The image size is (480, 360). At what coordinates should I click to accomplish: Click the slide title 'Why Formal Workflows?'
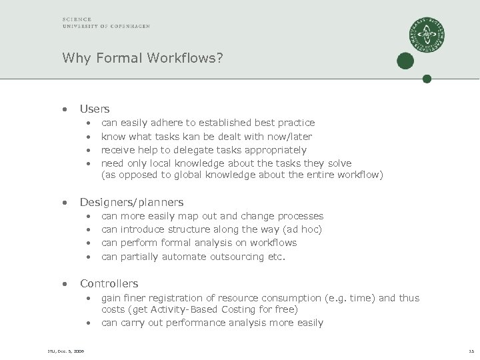tap(142, 58)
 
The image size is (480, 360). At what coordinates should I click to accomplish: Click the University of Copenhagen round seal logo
tap(427, 35)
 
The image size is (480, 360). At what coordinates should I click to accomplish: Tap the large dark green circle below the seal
tap(405, 61)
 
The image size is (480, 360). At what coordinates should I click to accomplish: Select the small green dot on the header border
tap(427, 79)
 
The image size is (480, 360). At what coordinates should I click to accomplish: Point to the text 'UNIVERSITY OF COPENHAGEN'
tap(106, 26)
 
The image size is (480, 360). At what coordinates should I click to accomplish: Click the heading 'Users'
tap(95, 109)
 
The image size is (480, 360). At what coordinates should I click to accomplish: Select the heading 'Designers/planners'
tap(131, 202)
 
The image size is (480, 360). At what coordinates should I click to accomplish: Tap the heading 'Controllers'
tap(109, 283)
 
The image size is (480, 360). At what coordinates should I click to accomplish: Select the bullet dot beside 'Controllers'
tap(65, 284)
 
